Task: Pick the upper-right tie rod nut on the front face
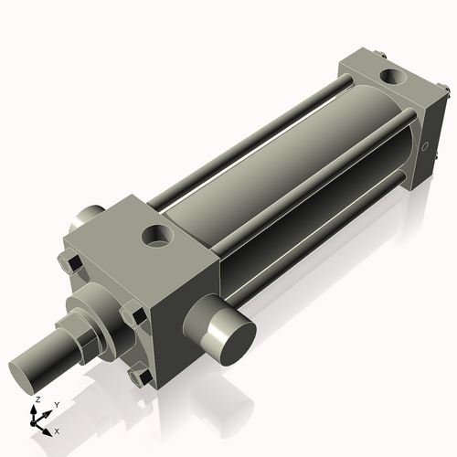pyautogui.click(x=137, y=317)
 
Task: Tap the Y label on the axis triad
pyautogui.click(x=56, y=404)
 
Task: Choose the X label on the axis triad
pyautogui.click(x=58, y=430)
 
